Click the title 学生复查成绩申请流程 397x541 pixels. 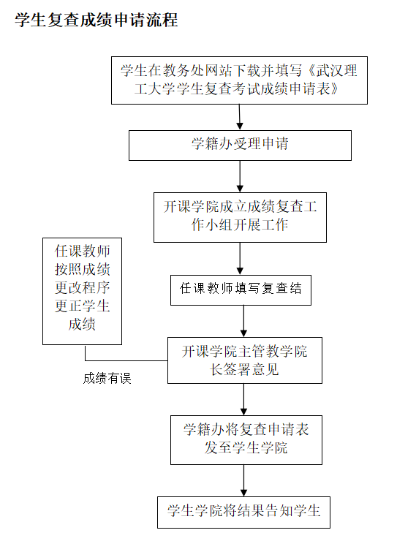[x=97, y=20]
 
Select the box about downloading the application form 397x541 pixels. [x=239, y=80]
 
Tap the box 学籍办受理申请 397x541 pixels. [x=240, y=145]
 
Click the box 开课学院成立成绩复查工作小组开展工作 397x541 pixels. [x=240, y=216]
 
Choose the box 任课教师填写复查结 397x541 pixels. [x=241, y=290]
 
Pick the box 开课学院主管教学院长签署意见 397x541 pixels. [x=244, y=360]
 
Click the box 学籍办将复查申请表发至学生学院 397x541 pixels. [x=246, y=439]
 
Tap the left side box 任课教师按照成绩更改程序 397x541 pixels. [x=82, y=290]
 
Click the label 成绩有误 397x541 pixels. [x=107, y=379]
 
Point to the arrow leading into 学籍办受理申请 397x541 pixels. [x=239, y=118]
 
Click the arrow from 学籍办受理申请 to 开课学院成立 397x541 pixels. [x=240, y=175]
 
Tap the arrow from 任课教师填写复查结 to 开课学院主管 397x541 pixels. [x=244, y=320]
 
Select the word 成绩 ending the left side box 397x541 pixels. [x=82, y=325]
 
